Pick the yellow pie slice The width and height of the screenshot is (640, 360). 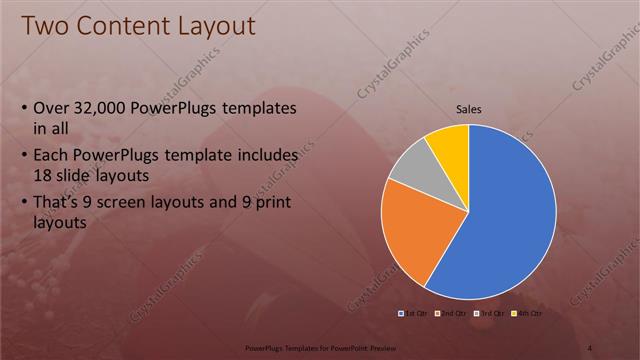(449, 144)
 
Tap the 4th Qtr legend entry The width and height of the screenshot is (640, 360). (529, 314)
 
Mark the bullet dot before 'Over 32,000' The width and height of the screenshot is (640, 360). (24, 108)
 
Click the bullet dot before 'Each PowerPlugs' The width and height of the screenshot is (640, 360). (24, 156)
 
